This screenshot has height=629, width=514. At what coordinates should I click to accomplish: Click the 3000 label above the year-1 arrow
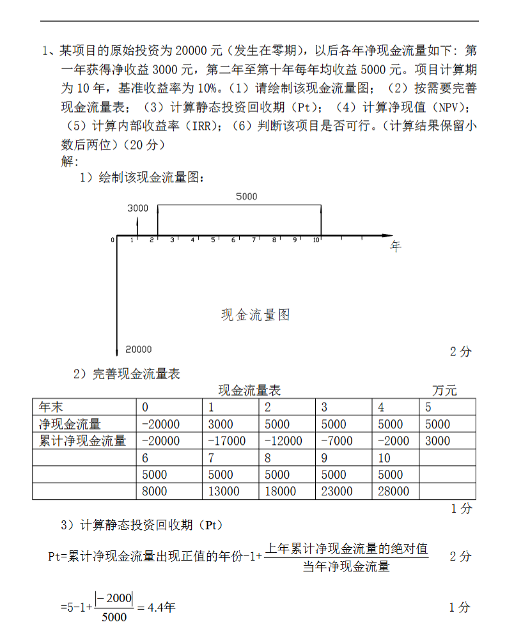pyautogui.click(x=137, y=208)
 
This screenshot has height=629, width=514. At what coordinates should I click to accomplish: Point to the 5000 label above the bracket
pyautogui.click(x=246, y=196)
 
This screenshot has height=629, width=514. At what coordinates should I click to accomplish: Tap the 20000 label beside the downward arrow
pyautogui.click(x=139, y=349)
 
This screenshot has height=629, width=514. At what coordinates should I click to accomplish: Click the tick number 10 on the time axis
pyautogui.click(x=316, y=240)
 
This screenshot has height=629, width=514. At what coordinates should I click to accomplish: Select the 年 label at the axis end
pyautogui.click(x=395, y=247)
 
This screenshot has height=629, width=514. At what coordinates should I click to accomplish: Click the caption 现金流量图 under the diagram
pyautogui.click(x=256, y=314)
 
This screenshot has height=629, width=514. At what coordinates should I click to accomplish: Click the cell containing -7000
pyautogui.click(x=337, y=440)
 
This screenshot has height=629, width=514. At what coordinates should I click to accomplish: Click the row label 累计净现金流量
pyautogui.click(x=82, y=440)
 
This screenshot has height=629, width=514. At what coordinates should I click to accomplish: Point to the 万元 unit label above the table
pyautogui.click(x=444, y=391)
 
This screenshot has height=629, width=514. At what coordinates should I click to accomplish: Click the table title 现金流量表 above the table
pyautogui.click(x=249, y=391)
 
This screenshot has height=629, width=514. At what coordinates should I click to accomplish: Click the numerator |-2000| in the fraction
pyautogui.click(x=114, y=598)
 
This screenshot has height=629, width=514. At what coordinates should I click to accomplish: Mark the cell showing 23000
pyautogui.click(x=337, y=491)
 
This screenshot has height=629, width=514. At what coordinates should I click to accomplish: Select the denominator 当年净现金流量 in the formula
pyautogui.click(x=346, y=566)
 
